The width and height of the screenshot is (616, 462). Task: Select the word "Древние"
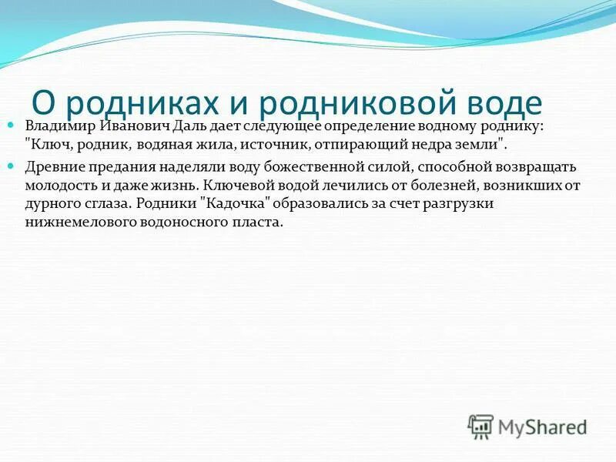[55, 166]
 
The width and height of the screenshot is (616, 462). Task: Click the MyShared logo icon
[480, 426]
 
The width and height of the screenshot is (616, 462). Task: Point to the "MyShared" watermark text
[543, 426]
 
